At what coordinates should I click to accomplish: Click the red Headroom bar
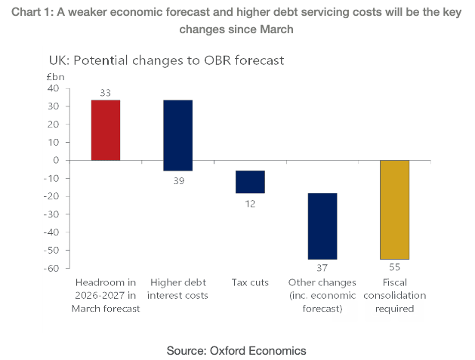(x=106, y=130)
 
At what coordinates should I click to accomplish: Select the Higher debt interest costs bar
(x=177, y=135)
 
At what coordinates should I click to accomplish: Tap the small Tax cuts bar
(x=250, y=182)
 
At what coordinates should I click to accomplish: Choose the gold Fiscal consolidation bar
(x=393, y=209)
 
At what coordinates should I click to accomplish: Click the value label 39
(x=178, y=180)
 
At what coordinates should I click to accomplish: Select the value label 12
(x=250, y=202)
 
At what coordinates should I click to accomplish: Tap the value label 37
(x=322, y=268)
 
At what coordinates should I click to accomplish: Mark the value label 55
(x=394, y=268)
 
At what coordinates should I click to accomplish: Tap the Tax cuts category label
(x=250, y=282)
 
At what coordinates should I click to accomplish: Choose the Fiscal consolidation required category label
(x=393, y=295)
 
